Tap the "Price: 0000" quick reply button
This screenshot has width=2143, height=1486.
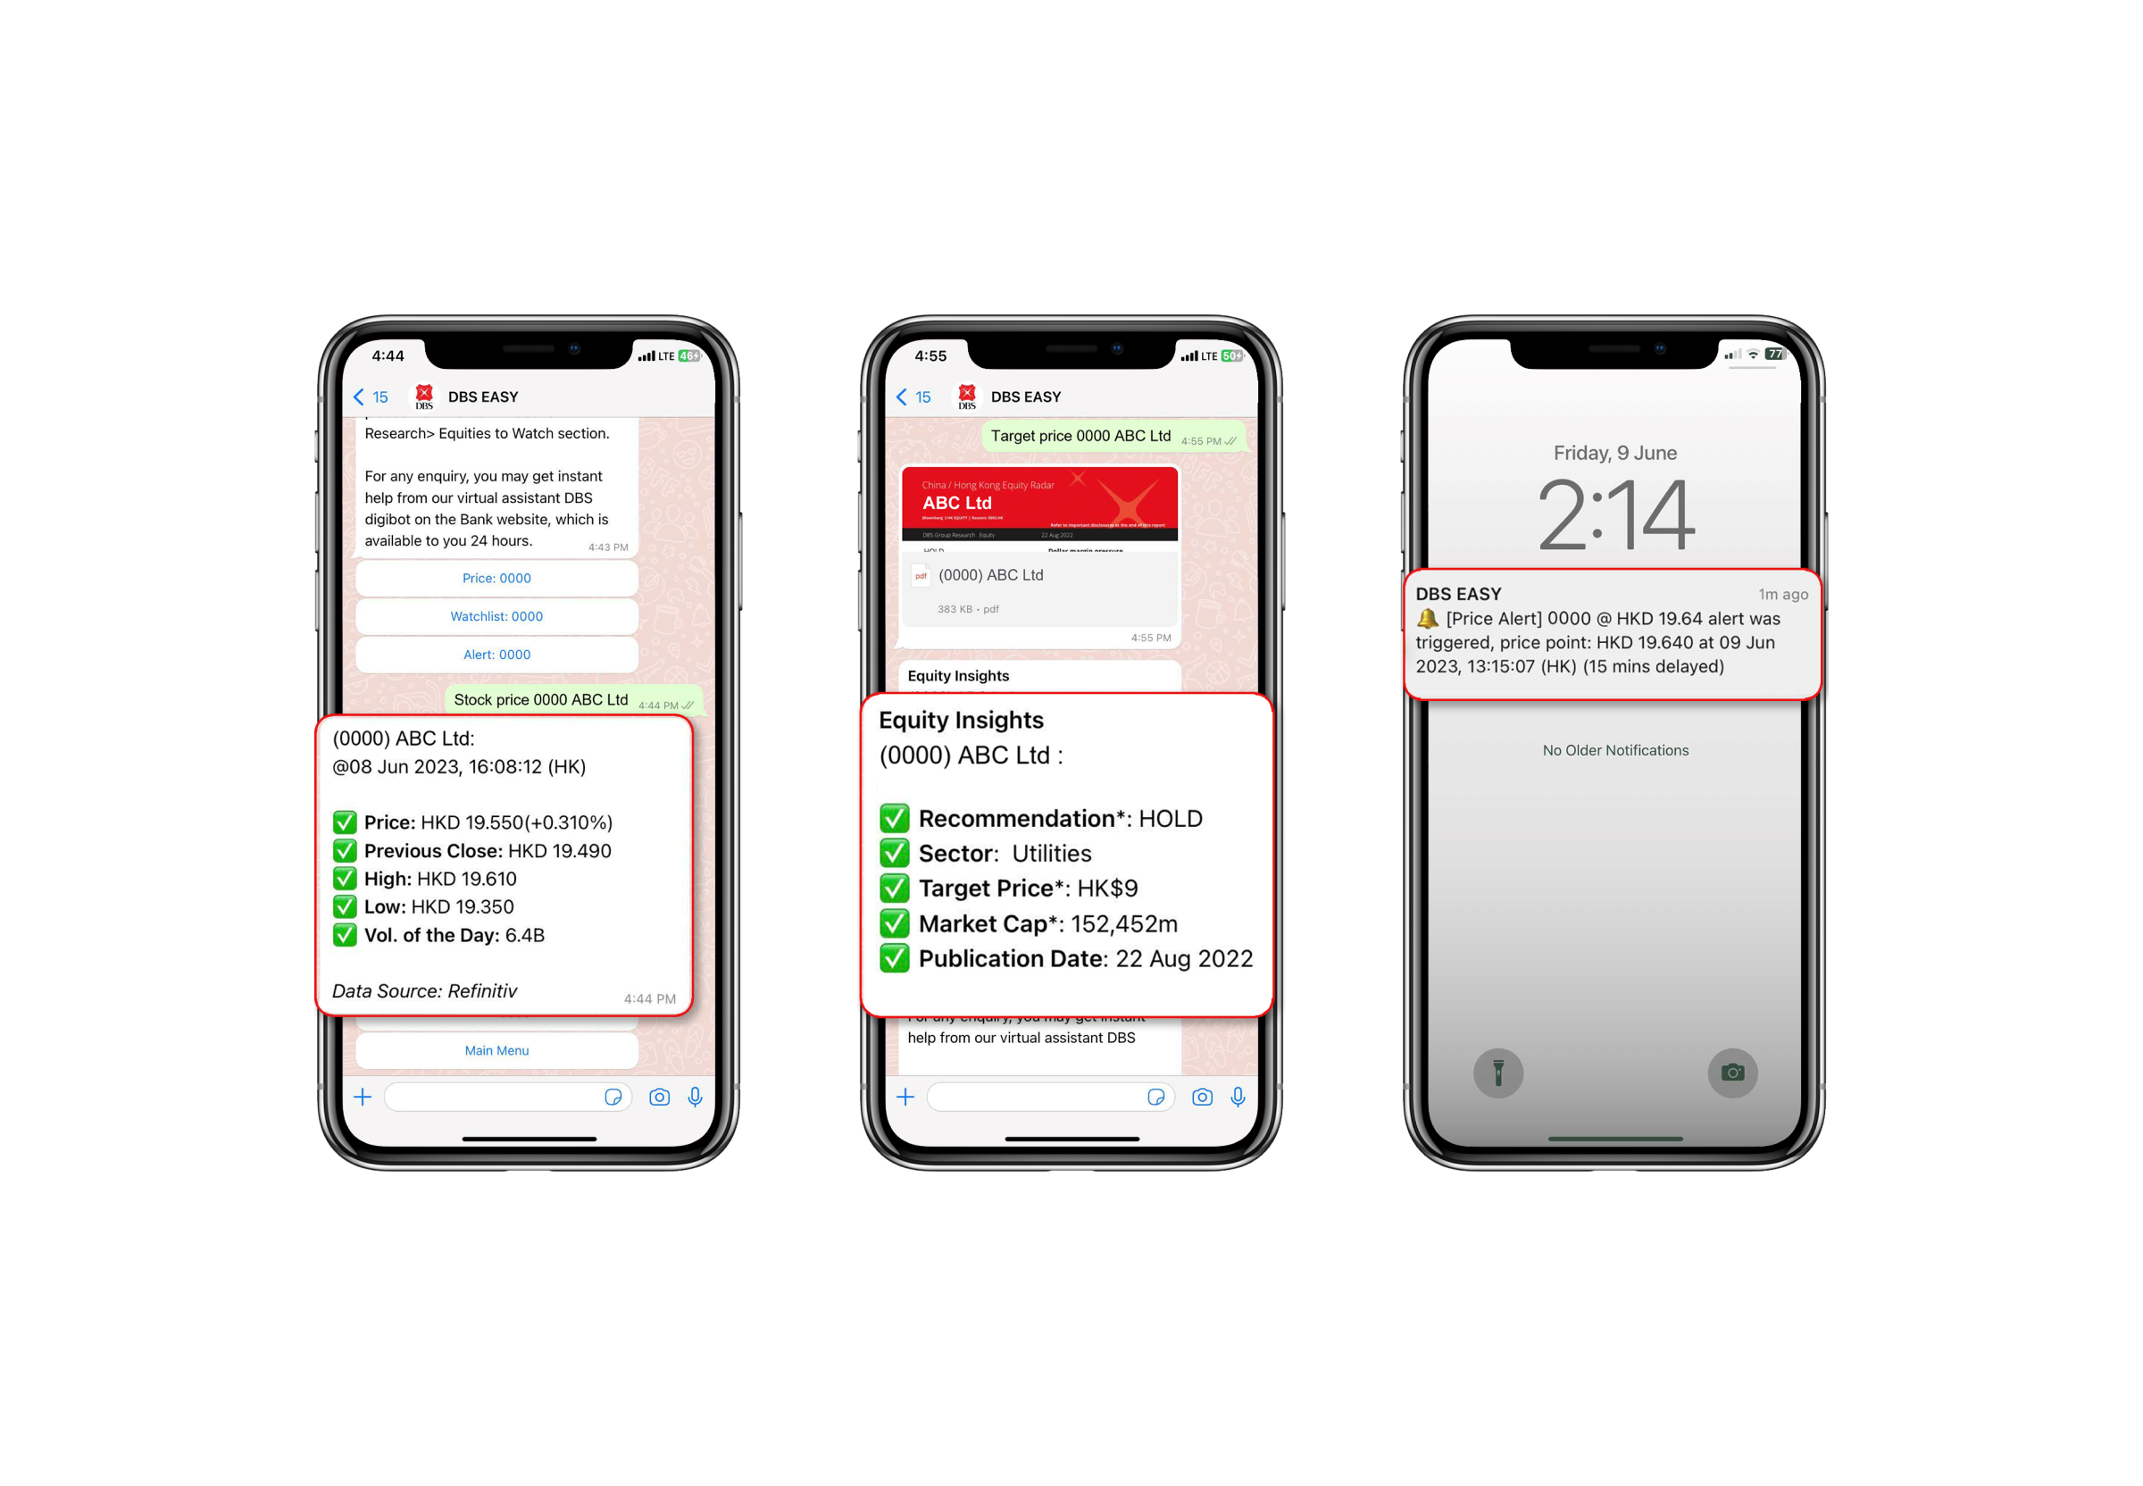click(x=496, y=578)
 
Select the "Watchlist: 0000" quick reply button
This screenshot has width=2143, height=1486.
click(x=496, y=616)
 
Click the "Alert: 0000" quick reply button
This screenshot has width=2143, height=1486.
click(x=496, y=655)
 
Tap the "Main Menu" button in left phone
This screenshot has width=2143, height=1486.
click(x=496, y=1050)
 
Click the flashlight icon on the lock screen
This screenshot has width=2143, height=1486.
click(x=1497, y=1073)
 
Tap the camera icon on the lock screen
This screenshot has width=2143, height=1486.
click(x=1731, y=1073)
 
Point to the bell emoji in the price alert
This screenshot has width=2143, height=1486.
click(x=1427, y=618)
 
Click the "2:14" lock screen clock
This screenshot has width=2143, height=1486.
click(x=1615, y=515)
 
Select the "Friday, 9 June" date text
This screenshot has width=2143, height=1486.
click(x=1615, y=454)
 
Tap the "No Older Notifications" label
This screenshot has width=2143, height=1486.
click(x=1615, y=750)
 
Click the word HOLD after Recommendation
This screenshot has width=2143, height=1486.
click(x=1171, y=818)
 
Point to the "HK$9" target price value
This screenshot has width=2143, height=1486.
click(x=1107, y=889)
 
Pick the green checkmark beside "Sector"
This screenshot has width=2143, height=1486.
click(x=895, y=853)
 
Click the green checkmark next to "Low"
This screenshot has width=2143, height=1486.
click(x=345, y=906)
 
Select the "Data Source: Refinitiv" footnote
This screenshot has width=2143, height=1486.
click(x=424, y=990)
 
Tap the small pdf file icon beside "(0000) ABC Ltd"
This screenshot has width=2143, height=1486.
click(x=921, y=575)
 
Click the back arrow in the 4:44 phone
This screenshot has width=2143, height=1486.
click(x=358, y=397)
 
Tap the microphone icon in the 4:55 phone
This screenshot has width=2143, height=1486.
click(x=1238, y=1097)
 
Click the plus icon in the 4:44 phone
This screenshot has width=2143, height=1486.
click(x=363, y=1097)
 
